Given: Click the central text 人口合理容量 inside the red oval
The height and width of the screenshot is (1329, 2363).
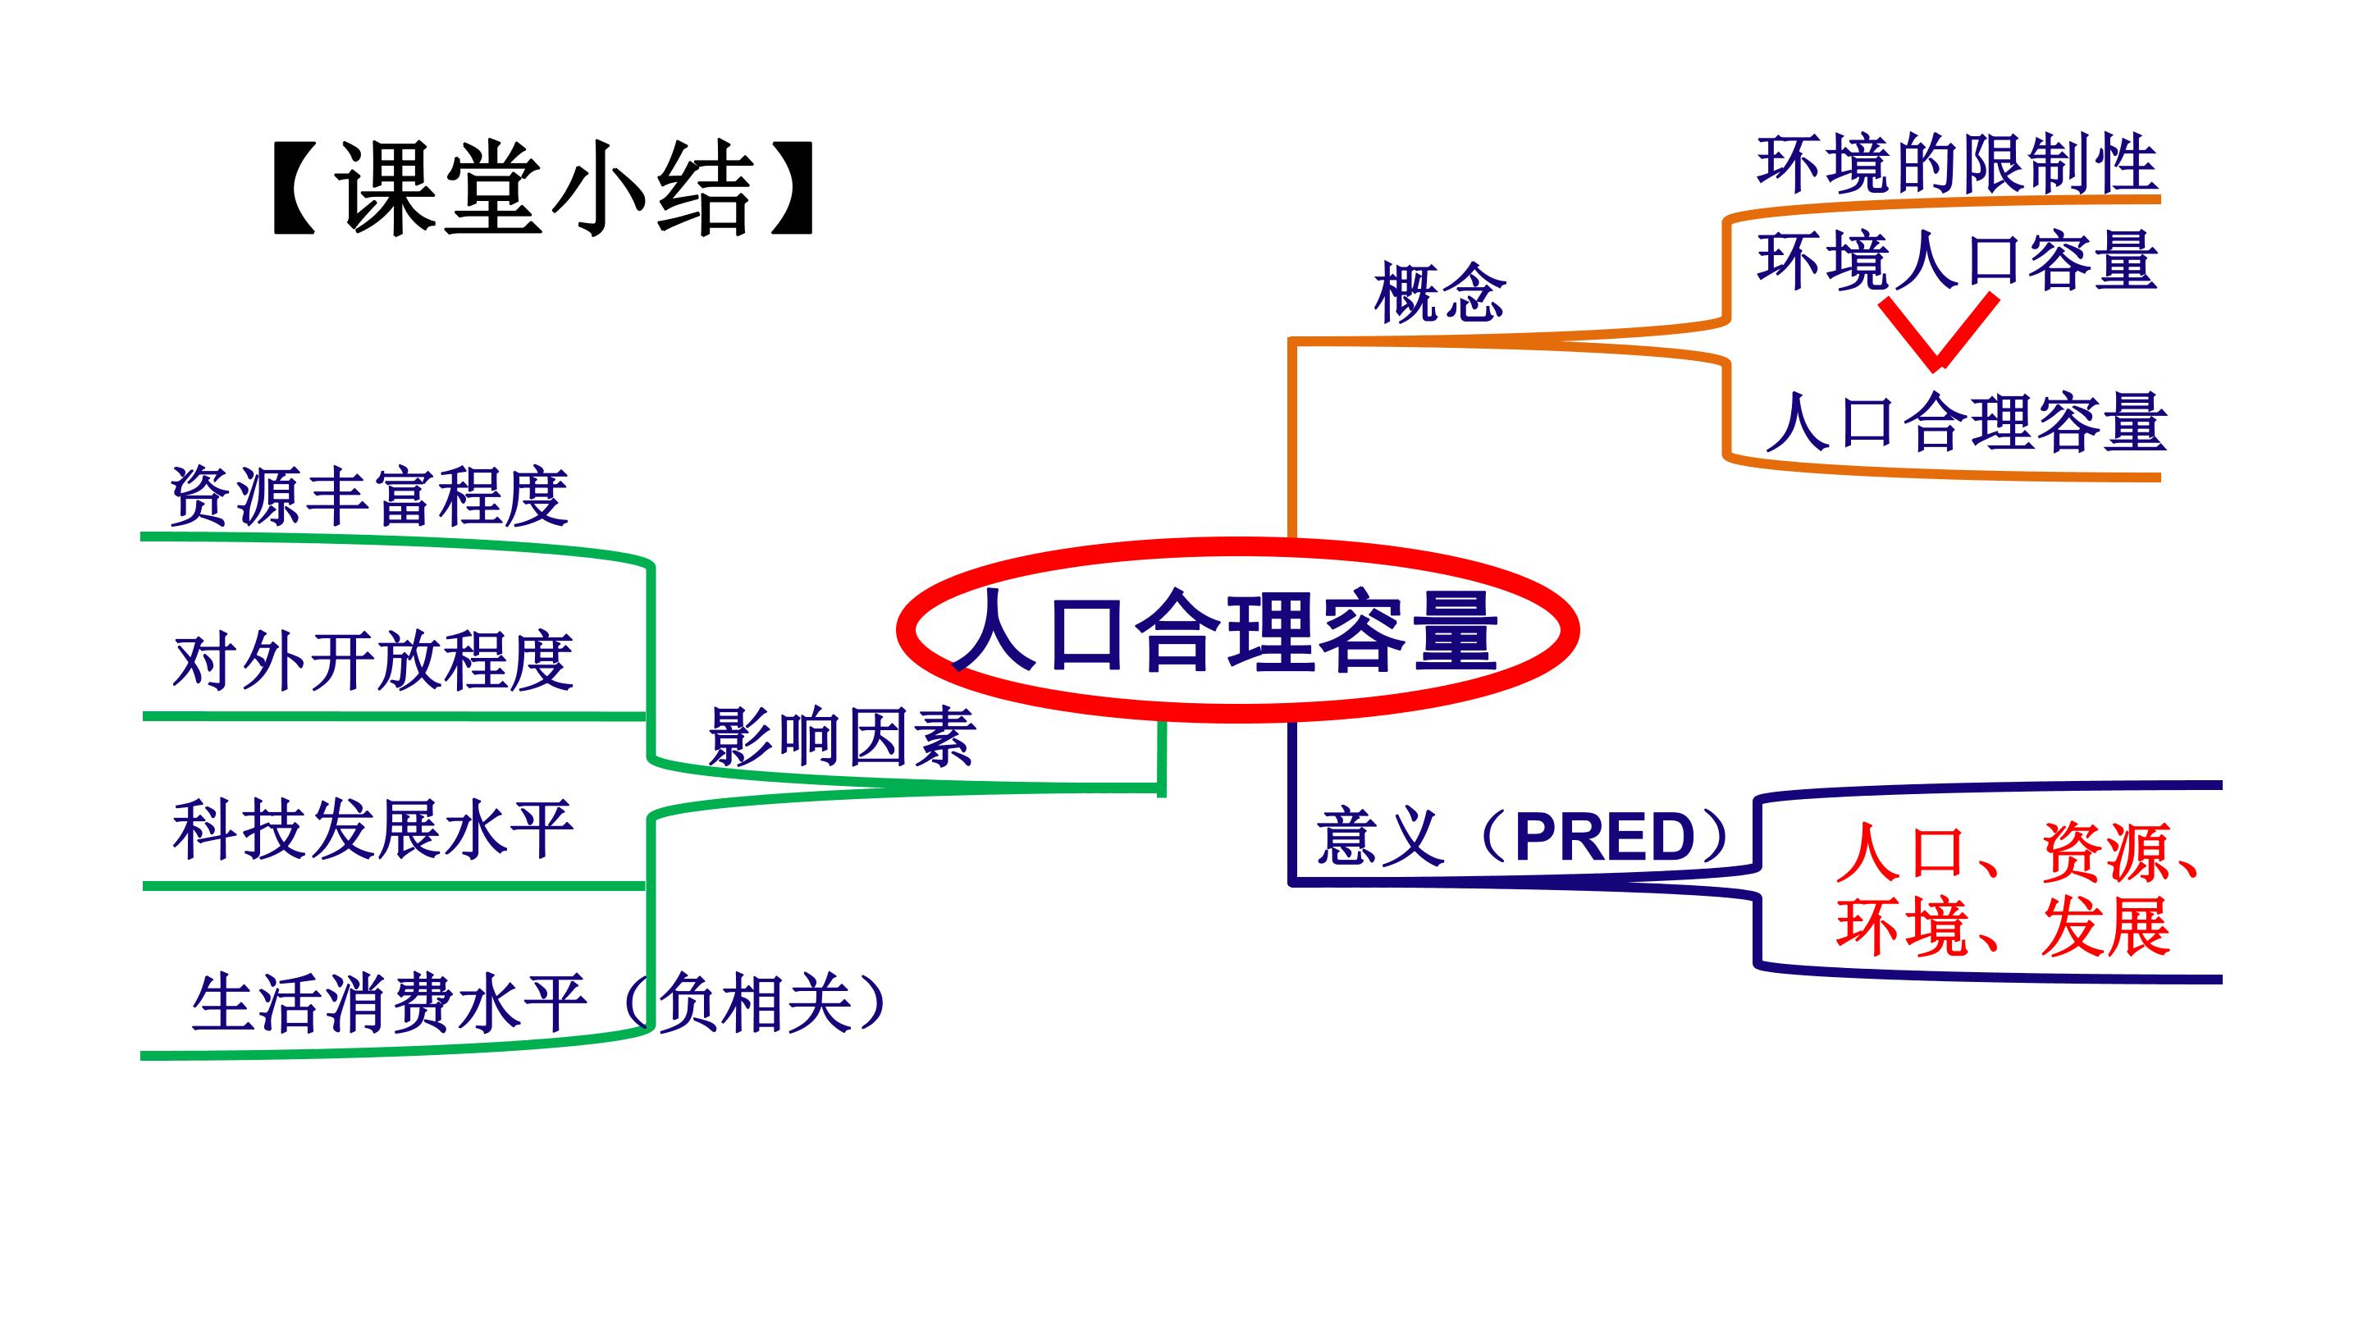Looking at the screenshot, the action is (1226, 632).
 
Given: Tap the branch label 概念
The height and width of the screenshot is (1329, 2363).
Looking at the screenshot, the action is (1439, 293).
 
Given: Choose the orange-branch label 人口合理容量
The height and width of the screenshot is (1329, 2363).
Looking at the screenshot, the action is (1966, 422).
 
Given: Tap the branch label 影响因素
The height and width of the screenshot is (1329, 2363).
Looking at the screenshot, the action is (842, 737).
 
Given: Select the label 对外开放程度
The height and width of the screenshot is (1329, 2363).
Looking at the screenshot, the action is (373, 660).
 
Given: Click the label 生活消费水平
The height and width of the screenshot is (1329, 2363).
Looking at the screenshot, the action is (389, 1002).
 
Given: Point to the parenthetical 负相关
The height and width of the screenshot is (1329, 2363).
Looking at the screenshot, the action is (754, 1002).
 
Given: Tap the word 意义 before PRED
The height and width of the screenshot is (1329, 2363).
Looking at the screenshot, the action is (1381, 837).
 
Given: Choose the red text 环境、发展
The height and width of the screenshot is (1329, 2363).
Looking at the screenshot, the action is (2004, 926).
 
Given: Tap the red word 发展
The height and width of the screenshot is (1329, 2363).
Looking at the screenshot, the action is (2105, 926).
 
